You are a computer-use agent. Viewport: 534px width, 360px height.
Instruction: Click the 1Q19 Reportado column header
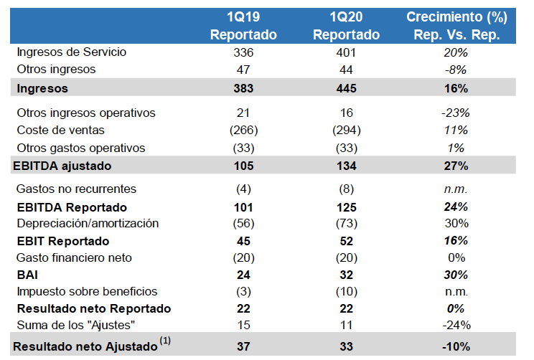[x=243, y=25]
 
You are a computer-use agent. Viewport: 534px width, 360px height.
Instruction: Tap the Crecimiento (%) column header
[x=456, y=25]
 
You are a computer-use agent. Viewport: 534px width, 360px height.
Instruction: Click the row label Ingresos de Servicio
[x=71, y=52]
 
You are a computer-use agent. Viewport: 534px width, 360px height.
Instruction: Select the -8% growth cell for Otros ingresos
[x=456, y=70]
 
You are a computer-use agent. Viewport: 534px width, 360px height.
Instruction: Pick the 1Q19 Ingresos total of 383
[x=243, y=88]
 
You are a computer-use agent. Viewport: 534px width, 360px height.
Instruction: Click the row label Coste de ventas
[x=60, y=131]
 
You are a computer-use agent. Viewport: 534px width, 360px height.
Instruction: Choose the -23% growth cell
[x=456, y=113]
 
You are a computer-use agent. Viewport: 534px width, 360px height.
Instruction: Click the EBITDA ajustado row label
[x=62, y=166]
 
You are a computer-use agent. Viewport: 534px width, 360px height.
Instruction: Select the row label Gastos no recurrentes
[x=76, y=189]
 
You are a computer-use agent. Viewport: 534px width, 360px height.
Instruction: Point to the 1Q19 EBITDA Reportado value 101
[x=243, y=207]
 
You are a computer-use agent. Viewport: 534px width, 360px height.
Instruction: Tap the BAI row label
[x=27, y=275]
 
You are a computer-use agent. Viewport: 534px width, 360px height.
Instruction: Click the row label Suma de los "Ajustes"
[x=75, y=326]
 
